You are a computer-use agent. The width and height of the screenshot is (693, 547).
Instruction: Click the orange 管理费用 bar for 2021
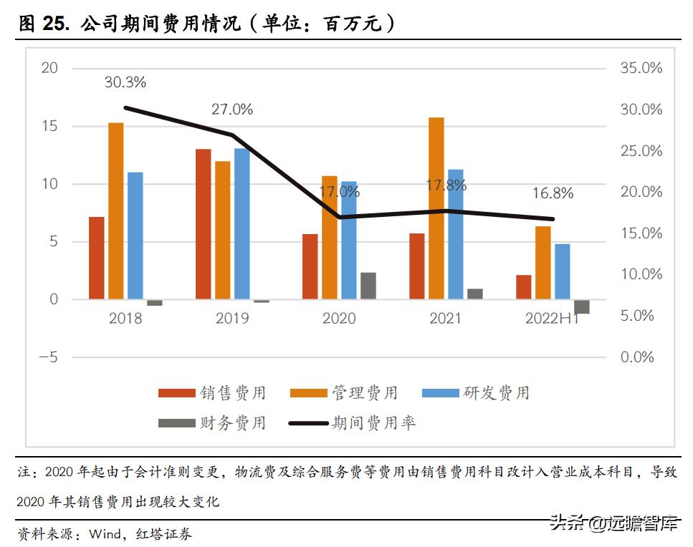(x=436, y=208)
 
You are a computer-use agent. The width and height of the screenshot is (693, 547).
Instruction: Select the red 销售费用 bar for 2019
(x=204, y=223)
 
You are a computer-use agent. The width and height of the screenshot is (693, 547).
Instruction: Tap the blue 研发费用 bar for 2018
(x=135, y=236)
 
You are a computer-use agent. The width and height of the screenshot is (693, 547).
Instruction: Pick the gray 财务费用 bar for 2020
(x=368, y=286)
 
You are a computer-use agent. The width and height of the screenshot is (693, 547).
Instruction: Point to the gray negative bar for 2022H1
(x=582, y=306)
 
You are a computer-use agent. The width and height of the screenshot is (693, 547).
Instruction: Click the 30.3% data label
(x=125, y=82)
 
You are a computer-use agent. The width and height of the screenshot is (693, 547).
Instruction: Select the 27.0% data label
(x=231, y=110)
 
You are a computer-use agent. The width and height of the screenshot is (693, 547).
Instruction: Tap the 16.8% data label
(x=553, y=193)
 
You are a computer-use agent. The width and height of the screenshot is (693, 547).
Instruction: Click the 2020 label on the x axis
(x=339, y=318)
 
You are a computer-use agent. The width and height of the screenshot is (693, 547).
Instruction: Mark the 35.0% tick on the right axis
(x=640, y=69)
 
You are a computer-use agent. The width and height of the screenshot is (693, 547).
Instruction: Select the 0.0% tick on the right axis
(x=636, y=357)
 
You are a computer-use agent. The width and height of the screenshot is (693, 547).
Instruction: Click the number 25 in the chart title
(x=54, y=24)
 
